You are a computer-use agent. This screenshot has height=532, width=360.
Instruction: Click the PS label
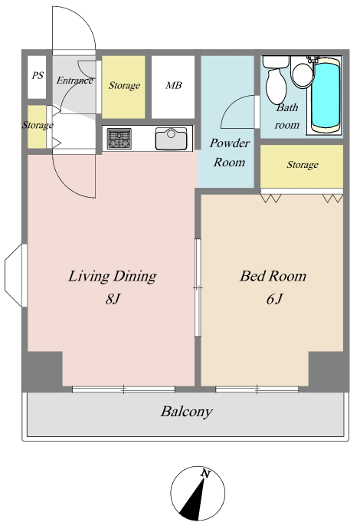[38, 75]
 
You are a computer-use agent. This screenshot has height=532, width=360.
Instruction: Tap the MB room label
[174, 85]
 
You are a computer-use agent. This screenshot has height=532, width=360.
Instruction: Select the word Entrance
[74, 80]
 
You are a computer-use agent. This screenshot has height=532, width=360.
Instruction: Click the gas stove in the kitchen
[119, 139]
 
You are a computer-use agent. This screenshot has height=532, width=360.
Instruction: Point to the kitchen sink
[171, 139]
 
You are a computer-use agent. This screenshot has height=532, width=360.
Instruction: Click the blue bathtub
[326, 95]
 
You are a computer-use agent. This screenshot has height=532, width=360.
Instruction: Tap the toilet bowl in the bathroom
[277, 85]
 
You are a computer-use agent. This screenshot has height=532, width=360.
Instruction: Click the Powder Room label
[230, 153]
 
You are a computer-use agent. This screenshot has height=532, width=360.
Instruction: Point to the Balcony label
[186, 412]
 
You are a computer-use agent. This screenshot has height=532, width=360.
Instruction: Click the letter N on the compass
[205, 473]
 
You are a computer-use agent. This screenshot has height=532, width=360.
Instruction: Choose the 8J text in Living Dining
[113, 299]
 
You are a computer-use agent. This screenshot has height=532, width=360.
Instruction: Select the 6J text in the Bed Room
[274, 299]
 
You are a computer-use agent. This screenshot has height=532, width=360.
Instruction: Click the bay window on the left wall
[15, 275]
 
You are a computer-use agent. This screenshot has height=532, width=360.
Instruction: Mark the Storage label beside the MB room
[124, 85]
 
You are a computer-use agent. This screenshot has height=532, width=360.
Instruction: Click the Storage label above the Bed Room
[303, 165]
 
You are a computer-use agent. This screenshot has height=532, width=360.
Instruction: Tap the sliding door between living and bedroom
[198, 287]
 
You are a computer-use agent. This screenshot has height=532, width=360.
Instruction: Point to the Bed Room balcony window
[257, 389]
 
